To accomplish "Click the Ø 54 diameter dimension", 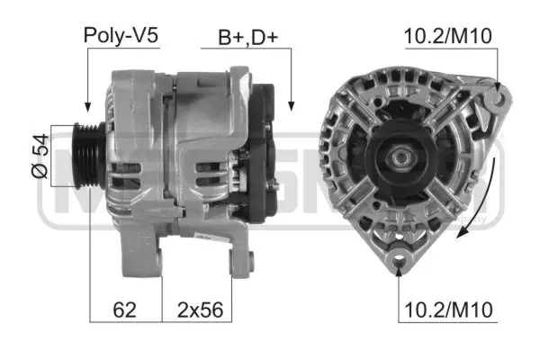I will [39, 158].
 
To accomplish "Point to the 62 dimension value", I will [125, 310].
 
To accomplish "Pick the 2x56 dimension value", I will [198, 310].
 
